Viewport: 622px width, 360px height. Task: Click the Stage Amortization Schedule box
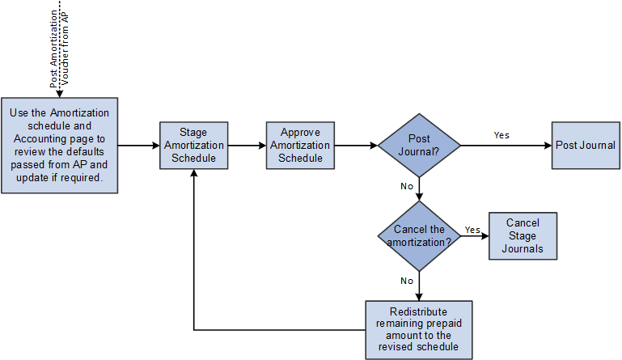(193, 146)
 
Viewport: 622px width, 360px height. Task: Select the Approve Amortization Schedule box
(300, 146)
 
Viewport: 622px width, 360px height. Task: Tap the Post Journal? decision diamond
(419, 146)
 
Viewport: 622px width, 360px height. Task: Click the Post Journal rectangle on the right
(585, 146)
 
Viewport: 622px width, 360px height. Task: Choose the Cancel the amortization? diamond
(419, 235)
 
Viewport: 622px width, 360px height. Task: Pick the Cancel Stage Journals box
(522, 235)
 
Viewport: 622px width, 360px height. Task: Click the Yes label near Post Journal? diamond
(501, 135)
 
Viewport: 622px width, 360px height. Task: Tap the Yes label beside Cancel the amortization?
(472, 230)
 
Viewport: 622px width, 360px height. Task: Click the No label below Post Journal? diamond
(408, 185)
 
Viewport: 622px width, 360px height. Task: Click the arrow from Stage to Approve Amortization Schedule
(247, 146)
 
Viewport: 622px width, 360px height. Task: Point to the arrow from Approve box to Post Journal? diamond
(355, 146)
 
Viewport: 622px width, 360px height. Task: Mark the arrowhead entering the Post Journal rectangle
(548, 146)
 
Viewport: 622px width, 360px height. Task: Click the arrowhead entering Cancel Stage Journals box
(484, 235)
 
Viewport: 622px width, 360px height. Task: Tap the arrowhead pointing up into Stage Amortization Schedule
(193, 176)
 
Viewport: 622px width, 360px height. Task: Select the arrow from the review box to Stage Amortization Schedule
(138, 146)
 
